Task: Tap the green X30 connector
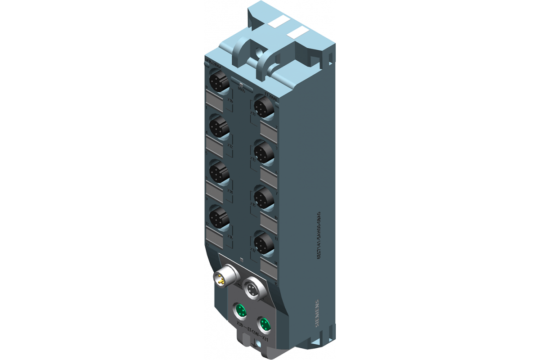(240, 310)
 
